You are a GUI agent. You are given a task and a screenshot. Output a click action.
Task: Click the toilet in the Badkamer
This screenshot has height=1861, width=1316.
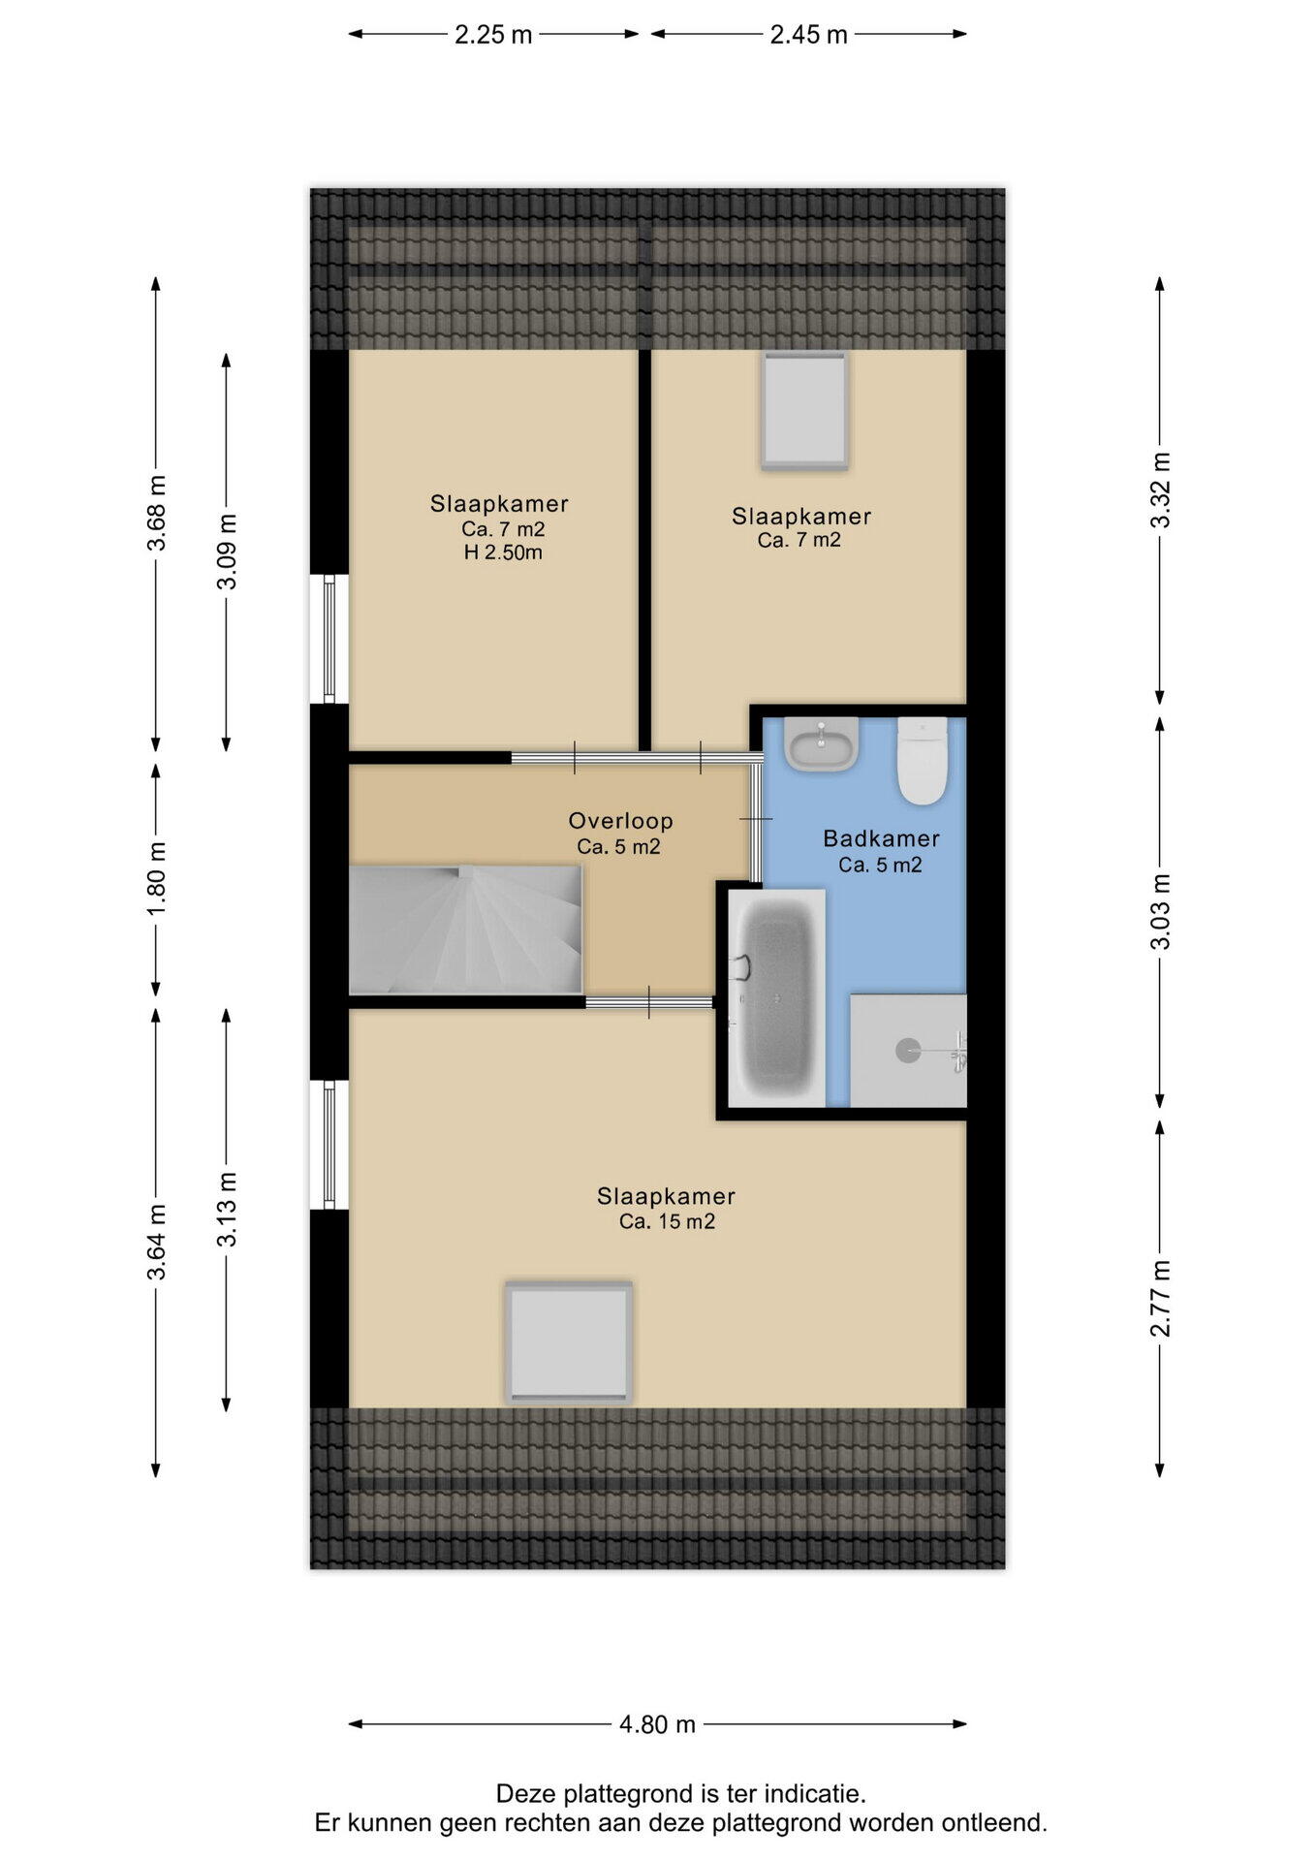(x=922, y=761)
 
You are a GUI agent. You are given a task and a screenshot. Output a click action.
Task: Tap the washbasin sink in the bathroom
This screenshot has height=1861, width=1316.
(x=822, y=744)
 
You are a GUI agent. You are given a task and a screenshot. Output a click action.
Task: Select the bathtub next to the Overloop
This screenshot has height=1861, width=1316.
(x=776, y=997)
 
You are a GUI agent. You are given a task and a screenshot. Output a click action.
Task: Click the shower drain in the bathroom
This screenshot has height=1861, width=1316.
(x=908, y=1050)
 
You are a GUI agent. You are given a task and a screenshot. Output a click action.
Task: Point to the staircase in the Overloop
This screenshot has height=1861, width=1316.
(x=465, y=930)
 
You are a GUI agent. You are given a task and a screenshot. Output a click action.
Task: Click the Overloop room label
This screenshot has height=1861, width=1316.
(x=620, y=821)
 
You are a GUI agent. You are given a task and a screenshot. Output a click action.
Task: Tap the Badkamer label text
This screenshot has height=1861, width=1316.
(x=881, y=838)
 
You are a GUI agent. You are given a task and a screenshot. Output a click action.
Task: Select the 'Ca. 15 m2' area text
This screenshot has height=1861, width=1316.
(x=667, y=1221)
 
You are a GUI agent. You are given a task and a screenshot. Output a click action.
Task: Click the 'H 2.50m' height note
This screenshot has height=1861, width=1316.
(x=503, y=552)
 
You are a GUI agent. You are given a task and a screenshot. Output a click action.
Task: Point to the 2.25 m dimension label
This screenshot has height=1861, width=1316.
(x=493, y=35)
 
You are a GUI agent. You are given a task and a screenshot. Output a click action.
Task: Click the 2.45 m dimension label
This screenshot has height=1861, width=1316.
(x=808, y=35)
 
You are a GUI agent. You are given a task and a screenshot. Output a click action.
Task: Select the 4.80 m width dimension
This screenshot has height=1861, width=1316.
(x=657, y=1724)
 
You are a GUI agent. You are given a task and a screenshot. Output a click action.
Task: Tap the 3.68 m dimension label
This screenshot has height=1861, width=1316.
(x=156, y=513)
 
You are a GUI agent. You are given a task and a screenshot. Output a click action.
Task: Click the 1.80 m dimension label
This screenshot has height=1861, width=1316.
(x=156, y=878)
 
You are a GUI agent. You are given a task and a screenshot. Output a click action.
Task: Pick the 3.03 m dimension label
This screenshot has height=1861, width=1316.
(x=1160, y=911)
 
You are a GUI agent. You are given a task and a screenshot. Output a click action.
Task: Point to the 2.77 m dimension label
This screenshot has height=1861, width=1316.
(x=1160, y=1299)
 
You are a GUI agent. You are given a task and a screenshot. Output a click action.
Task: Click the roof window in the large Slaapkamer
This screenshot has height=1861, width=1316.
(x=569, y=1342)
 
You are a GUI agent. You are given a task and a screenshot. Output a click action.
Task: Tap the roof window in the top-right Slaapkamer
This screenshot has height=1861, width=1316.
(x=804, y=411)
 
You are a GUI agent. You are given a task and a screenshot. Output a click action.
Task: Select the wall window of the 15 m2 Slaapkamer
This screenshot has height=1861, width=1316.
(x=329, y=1145)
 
